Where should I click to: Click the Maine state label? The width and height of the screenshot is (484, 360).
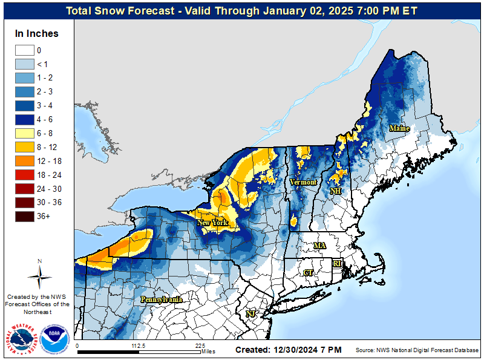click(399, 128)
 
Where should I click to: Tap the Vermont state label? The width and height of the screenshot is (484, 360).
click(302, 182)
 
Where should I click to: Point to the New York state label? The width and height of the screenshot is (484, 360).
click(212, 223)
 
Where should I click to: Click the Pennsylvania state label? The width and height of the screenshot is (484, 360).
click(161, 299)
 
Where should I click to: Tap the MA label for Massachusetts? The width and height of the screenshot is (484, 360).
click(319, 246)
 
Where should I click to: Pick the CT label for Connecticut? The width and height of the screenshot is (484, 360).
click(308, 273)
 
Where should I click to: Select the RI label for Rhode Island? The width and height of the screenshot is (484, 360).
click(337, 264)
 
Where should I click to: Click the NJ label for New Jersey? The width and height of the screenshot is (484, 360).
click(250, 314)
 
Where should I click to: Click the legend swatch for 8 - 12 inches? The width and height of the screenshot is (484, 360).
click(25, 146)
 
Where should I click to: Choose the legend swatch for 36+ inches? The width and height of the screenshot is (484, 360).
click(25, 216)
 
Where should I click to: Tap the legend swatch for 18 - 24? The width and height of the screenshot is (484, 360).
click(25, 174)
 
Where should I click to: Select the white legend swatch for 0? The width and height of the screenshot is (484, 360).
click(25, 50)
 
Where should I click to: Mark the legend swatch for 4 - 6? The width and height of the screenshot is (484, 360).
click(25, 119)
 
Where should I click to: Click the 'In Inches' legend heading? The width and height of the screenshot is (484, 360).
click(37, 33)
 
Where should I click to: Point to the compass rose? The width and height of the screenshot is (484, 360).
click(40, 276)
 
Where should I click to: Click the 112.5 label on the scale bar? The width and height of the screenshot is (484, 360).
click(139, 346)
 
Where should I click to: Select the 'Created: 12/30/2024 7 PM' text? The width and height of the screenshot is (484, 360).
click(288, 350)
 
